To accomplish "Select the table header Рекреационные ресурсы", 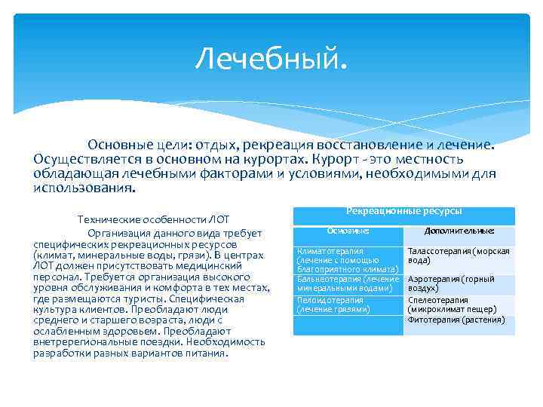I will pyautogui.click(x=403, y=213).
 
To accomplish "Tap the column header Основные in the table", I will pyautogui.click(x=348, y=231).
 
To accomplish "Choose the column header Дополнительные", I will pyautogui.click(x=459, y=231).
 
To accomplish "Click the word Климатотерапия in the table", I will pyautogui.click(x=330, y=251).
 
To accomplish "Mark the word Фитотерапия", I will pyautogui.click(x=434, y=320).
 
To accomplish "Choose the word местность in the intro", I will pyautogui.click(x=425, y=159).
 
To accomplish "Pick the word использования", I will pyautogui.click(x=76, y=188).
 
